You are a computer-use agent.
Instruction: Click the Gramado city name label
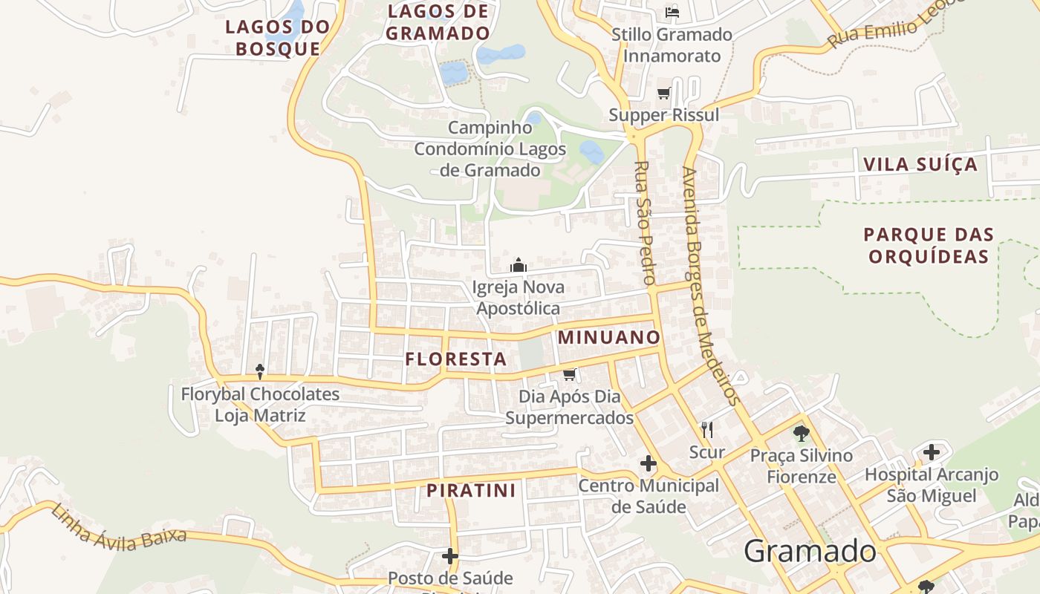pos(810,551)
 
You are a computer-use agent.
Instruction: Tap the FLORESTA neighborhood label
pos(456,359)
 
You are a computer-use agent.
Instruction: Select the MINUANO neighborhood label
pos(608,337)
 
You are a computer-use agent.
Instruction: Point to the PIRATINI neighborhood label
pos(471,491)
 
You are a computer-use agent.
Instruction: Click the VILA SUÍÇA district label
pos(920,164)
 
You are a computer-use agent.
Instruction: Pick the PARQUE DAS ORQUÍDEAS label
pos(929,246)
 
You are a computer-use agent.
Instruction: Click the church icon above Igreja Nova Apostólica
pos(519,265)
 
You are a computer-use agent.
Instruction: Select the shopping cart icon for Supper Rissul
pos(663,94)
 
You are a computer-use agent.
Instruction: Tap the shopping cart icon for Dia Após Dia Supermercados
pos(570,374)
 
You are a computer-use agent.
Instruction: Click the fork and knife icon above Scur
pos(707,429)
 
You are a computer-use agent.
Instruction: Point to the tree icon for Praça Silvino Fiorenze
pos(801,433)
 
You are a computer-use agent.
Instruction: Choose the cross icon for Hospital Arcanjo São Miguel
pos(932,451)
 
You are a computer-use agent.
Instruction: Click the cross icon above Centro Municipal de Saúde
pos(648,464)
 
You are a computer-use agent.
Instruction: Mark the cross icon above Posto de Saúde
pos(450,555)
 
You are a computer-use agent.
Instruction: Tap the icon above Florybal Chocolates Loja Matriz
pos(260,371)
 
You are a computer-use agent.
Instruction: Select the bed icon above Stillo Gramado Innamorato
pos(672,12)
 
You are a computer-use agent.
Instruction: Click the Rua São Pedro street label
pos(644,223)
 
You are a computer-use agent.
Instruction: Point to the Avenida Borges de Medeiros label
pos(711,286)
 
